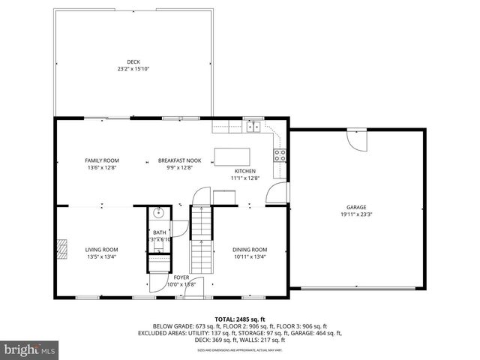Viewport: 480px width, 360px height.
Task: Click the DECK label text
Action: tap(133, 61)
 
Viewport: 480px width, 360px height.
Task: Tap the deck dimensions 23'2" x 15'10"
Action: tap(133, 69)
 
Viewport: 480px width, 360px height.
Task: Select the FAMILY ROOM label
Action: tap(101, 160)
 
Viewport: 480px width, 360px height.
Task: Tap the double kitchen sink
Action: tap(254, 126)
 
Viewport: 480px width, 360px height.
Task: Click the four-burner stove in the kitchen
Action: tap(280, 155)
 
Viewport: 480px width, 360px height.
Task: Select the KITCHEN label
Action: tap(244, 171)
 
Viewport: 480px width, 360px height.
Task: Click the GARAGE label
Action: tap(355, 207)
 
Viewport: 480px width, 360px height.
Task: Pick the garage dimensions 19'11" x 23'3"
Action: tap(355, 214)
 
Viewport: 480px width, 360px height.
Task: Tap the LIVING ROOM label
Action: tap(100, 250)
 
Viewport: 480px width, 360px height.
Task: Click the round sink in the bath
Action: tap(158, 213)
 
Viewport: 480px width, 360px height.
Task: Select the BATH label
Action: tap(160, 232)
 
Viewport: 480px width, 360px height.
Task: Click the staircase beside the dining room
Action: tap(200, 240)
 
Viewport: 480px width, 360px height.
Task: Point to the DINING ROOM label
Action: tap(249, 250)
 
